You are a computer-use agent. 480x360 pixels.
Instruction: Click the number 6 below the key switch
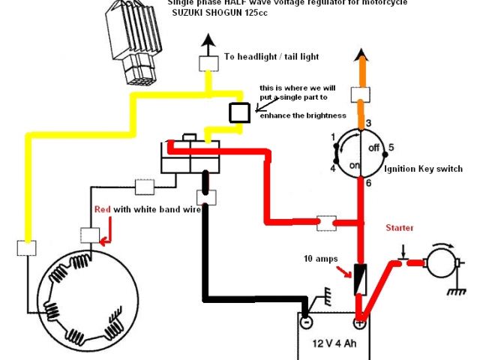coord(367,182)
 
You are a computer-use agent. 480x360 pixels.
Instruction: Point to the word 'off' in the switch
coord(373,148)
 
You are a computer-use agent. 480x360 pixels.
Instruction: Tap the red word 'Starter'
coord(400,227)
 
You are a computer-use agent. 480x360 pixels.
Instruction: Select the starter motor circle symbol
coord(436,263)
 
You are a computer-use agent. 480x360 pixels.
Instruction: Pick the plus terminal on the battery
coord(359,324)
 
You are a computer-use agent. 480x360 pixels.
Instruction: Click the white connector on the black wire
coord(204,197)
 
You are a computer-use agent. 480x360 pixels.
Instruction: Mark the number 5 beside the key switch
coord(391,148)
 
